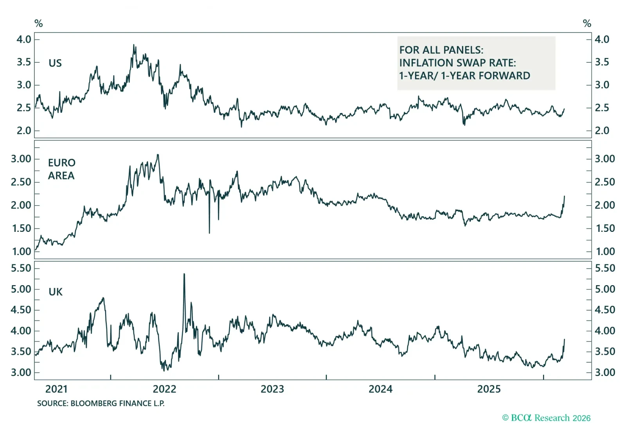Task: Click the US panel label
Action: (x=55, y=63)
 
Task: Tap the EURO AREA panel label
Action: (x=61, y=169)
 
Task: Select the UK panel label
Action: (x=56, y=292)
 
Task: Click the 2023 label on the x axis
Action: (x=272, y=389)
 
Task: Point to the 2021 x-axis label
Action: (x=56, y=389)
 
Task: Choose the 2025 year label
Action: (x=489, y=389)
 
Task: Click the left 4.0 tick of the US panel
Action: (x=24, y=39)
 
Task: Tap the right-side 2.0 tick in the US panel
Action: (x=602, y=130)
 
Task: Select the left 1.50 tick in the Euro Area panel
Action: (x=22, y=228)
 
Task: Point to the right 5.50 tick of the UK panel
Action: (x=605, y=268)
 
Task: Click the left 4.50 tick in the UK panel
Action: (x=21, y=310)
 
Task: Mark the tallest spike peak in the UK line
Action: (x=184, y=274)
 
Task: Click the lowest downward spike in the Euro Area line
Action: (x=209, y=233)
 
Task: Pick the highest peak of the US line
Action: (x=134, y=45)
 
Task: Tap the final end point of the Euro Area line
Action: (x=565, y=196)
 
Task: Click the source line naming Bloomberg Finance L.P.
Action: (x=101, y=403)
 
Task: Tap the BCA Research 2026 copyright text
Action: (x=546, y=418)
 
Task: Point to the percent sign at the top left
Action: (x=38, y=23)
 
